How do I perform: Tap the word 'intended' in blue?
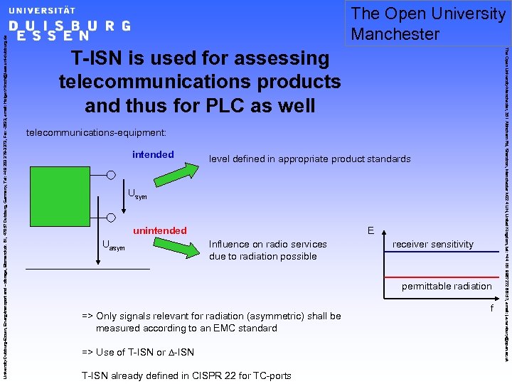153,154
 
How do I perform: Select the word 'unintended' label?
160,230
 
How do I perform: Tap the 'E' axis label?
370,231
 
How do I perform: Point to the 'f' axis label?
491,308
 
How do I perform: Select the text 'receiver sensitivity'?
432,244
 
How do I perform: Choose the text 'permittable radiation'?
447,286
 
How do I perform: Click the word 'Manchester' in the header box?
395,33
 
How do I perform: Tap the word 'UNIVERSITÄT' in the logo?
41,11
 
